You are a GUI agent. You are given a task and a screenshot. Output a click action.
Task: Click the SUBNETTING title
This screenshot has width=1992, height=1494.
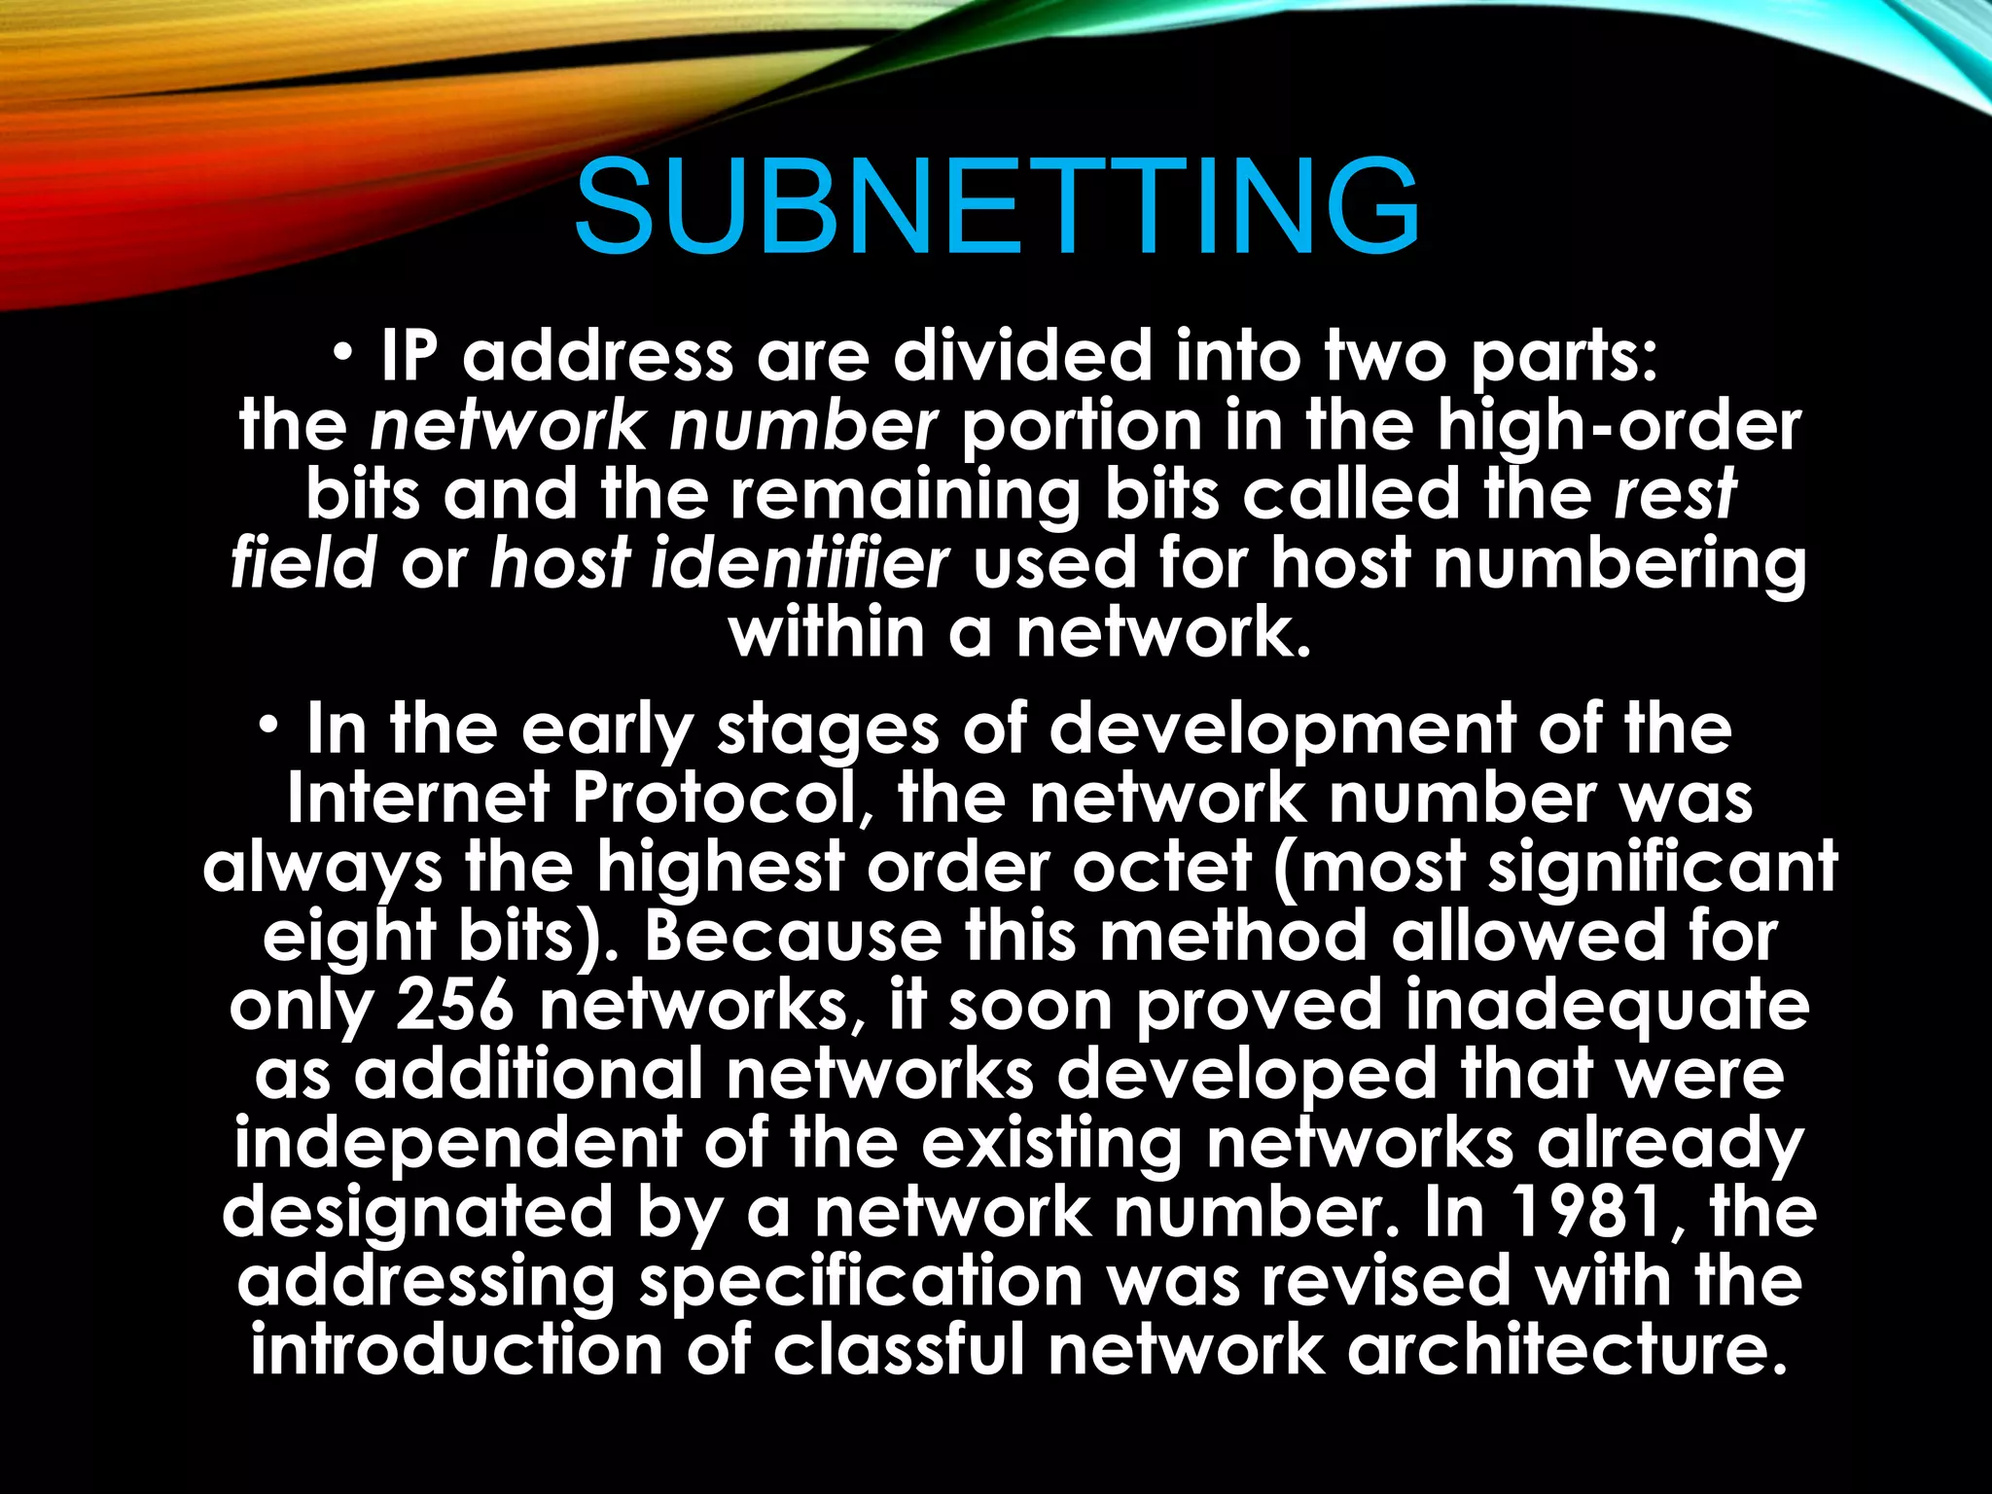tap(996, 207)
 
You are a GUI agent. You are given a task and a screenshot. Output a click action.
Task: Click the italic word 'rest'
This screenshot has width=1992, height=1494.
tap(1675, 494)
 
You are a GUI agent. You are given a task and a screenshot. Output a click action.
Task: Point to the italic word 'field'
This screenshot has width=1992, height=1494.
tap(303, 564)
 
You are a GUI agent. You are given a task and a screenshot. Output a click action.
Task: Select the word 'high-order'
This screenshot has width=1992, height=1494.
tap(1619, 426)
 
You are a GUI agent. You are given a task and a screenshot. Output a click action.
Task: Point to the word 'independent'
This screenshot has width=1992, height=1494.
tap(457, 1144)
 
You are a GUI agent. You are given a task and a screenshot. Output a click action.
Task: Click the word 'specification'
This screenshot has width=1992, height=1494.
tap(861, 1281)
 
